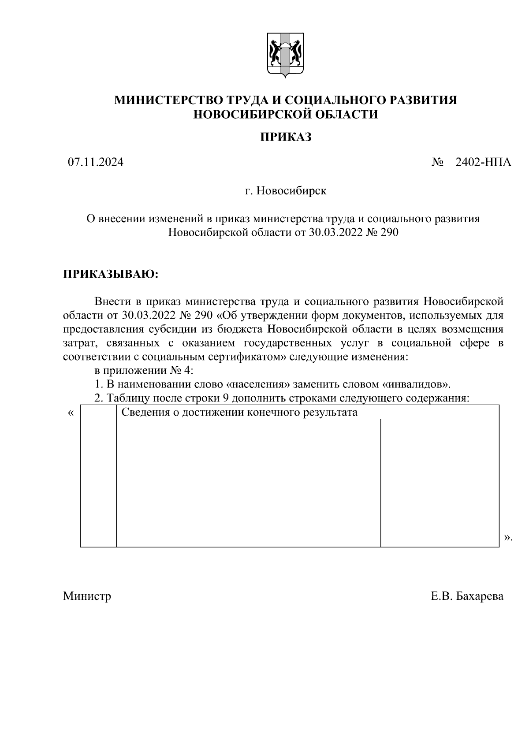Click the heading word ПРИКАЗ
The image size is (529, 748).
(x=285, y=137)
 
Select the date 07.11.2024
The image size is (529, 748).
(x=95, y=162)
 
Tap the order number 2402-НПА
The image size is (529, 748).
(x=483, y=162)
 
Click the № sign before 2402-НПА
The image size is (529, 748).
(x=437, y=163)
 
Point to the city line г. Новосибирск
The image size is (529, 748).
(x=286, y=191)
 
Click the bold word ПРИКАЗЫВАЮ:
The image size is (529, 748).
(x=110, y=274)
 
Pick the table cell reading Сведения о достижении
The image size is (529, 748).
(x=239, y=412)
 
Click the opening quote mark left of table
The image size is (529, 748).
(x=71, y=413)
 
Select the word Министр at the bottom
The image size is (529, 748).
(x=87, y=596)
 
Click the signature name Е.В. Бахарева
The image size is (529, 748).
(x=467, y=596)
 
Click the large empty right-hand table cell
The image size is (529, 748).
(x=440, y=483)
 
